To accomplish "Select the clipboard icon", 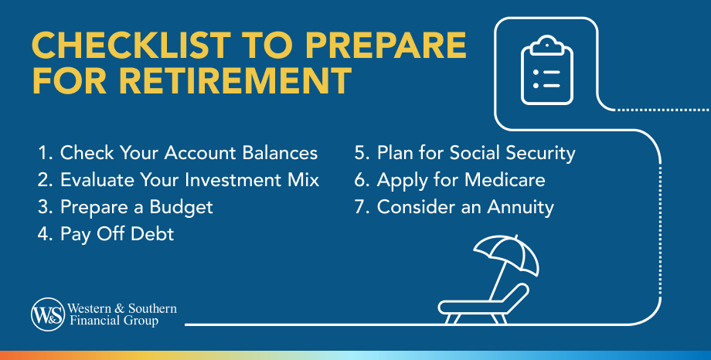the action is click(x=547, y=70).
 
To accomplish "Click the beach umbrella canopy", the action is click(x=506, y=253).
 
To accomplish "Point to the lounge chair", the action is click(x=483, y=304).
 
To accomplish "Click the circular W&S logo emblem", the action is click(x=48, y=314).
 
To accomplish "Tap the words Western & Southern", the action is click(x=122, y=308).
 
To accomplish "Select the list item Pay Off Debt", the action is click(x=105, y=234).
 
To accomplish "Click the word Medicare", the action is click(x=505, y=180).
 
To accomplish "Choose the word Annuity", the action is click(x=521, y=208).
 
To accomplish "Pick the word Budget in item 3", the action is click(x=181, y=208).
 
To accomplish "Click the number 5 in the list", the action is click(x=359, y=153).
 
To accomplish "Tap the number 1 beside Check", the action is click(x=43, y=153).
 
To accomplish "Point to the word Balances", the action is click(x=280, y=153).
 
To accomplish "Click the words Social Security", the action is click(x=512, y=153).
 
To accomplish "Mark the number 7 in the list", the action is click(x=359, y=207).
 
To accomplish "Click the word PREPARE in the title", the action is click(x=386, y=46).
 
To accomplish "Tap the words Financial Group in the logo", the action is click(x=114, y=321).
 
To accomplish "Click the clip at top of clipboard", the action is click(x=547, y=44).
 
